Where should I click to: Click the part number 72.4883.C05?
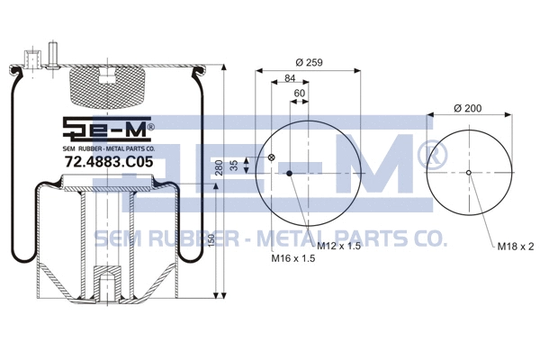pos(103,162)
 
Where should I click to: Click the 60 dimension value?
pos(300,94)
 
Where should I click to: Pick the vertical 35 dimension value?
pos(235,165)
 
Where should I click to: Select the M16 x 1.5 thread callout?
pos(294,259)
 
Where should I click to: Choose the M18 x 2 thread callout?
pos(515,246)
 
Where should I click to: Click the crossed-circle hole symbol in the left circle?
pos(271,159)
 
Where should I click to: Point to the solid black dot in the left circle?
pos(290,174)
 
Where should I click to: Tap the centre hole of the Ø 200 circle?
pos(469,173)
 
